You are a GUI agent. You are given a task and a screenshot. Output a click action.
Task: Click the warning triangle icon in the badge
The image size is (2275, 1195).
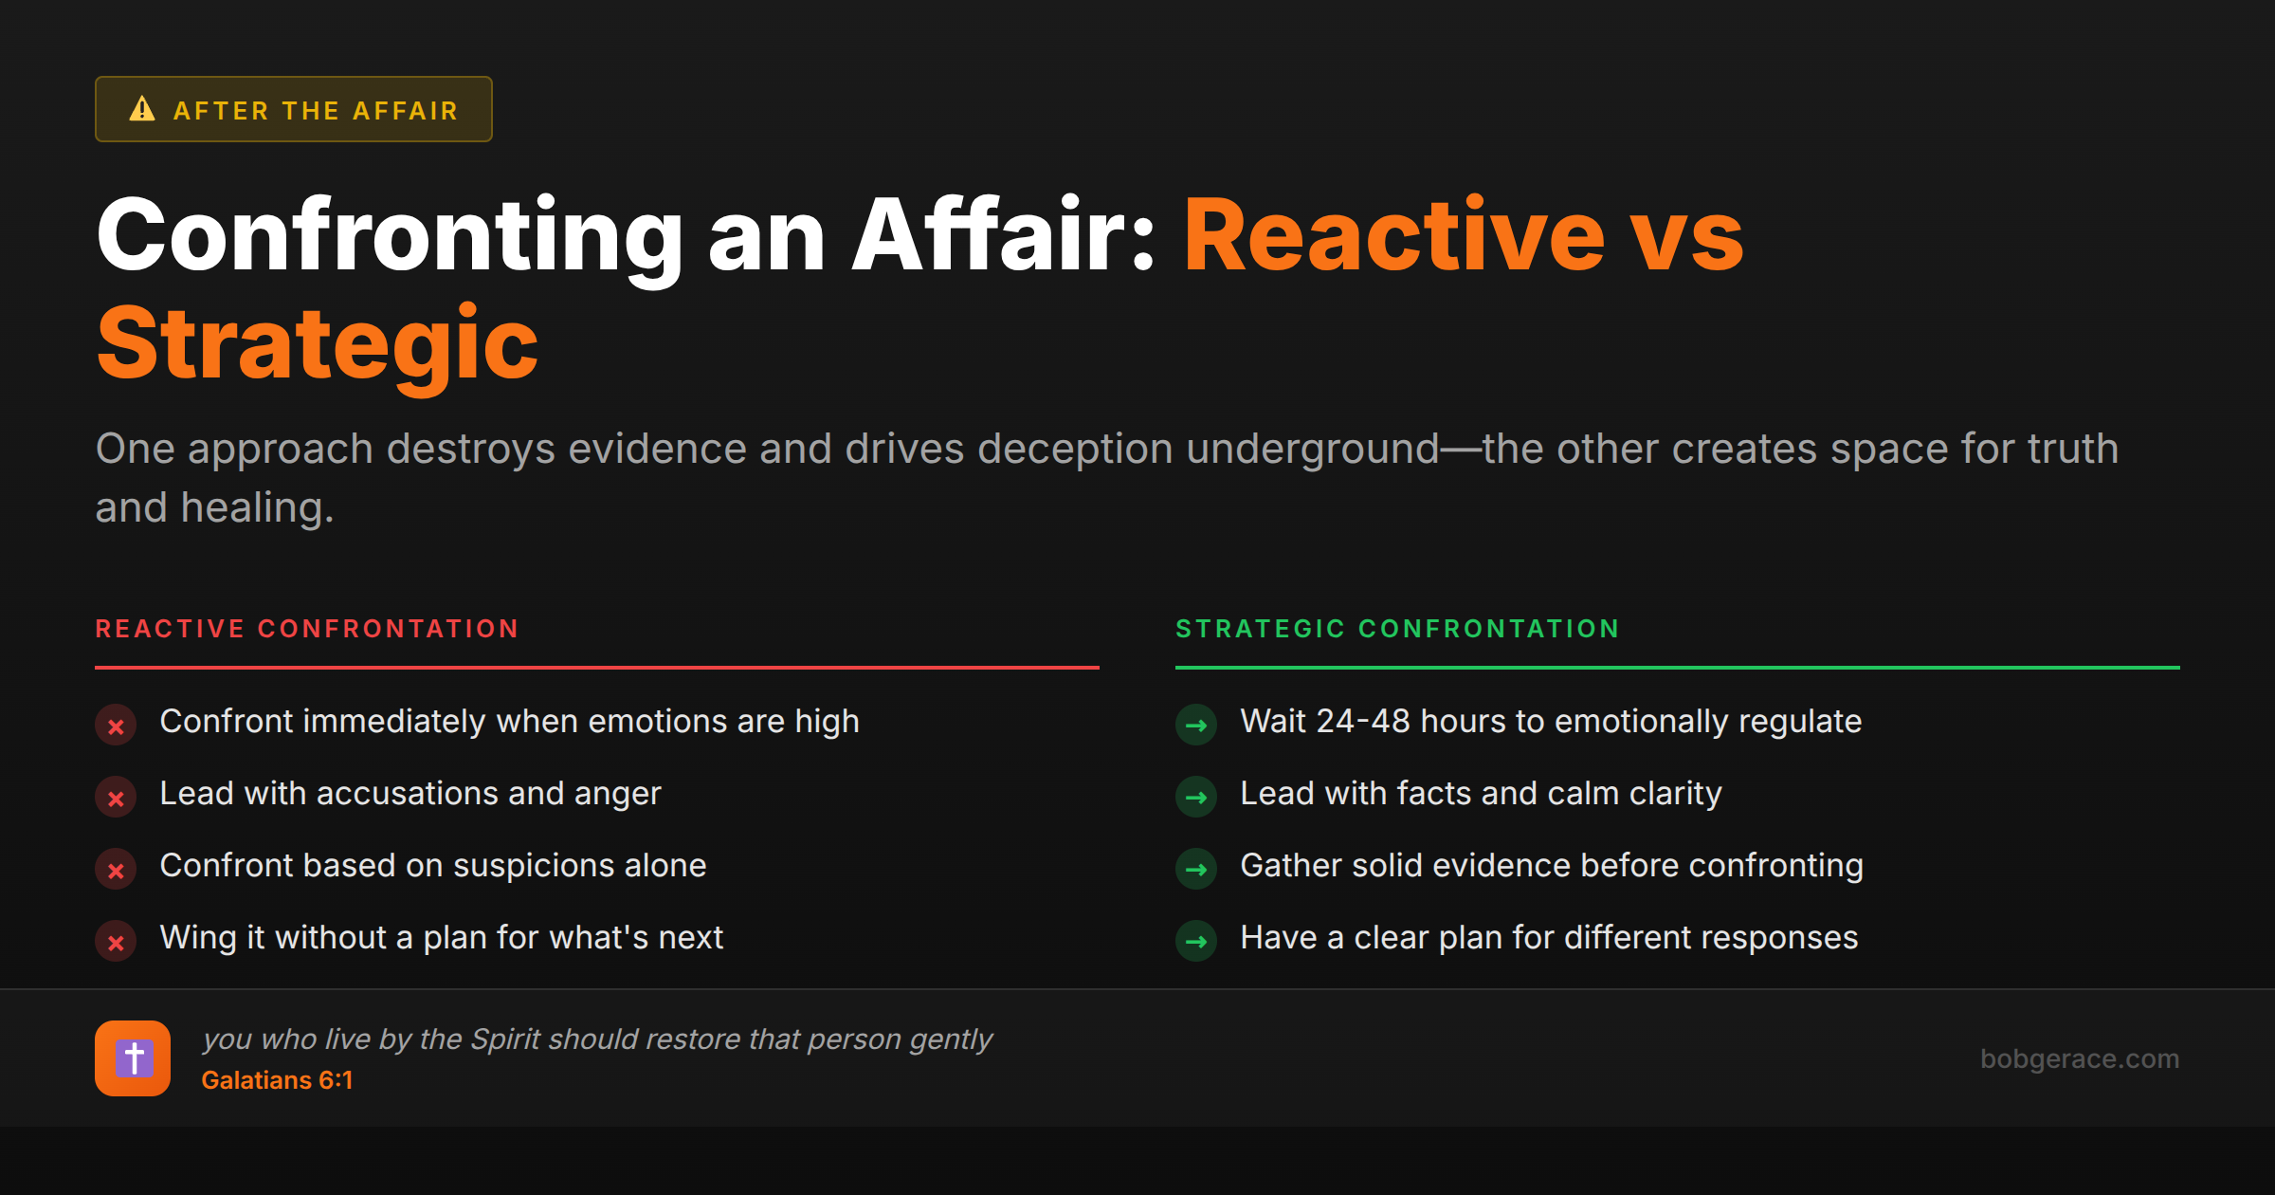(142, 109)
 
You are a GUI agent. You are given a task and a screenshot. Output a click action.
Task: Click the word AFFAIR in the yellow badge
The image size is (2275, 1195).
(406, 111)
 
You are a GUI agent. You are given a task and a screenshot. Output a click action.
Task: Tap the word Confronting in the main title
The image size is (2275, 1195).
(390, 235)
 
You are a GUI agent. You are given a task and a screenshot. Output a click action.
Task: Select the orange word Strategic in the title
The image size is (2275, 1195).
(318, 343)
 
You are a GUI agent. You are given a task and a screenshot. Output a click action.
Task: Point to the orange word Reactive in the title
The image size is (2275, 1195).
(1393, 235)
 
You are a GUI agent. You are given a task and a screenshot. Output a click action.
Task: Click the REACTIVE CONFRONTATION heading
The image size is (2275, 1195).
(307, 629)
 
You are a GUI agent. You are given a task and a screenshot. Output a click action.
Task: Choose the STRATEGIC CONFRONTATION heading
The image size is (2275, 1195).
(1397, 629)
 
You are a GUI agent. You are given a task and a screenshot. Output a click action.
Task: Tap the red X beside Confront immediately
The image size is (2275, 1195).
(116, 726)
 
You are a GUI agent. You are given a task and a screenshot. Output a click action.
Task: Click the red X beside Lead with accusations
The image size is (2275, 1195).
(116, 798)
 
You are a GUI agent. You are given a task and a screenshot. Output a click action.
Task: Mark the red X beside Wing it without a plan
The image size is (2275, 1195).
(116, 942)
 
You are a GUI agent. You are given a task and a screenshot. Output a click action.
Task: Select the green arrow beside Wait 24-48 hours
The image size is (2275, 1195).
(1196, 726)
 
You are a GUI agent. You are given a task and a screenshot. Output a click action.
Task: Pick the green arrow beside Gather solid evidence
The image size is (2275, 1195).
(1196, 870)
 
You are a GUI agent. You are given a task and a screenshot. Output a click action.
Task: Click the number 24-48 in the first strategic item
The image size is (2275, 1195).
(1362, 721)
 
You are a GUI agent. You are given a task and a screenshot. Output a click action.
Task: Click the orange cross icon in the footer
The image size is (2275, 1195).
(133, 1058)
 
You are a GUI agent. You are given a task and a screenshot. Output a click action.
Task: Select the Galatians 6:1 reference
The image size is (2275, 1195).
(277, 1080)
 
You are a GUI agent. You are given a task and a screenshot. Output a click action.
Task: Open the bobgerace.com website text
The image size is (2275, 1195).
(2079, 1058)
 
